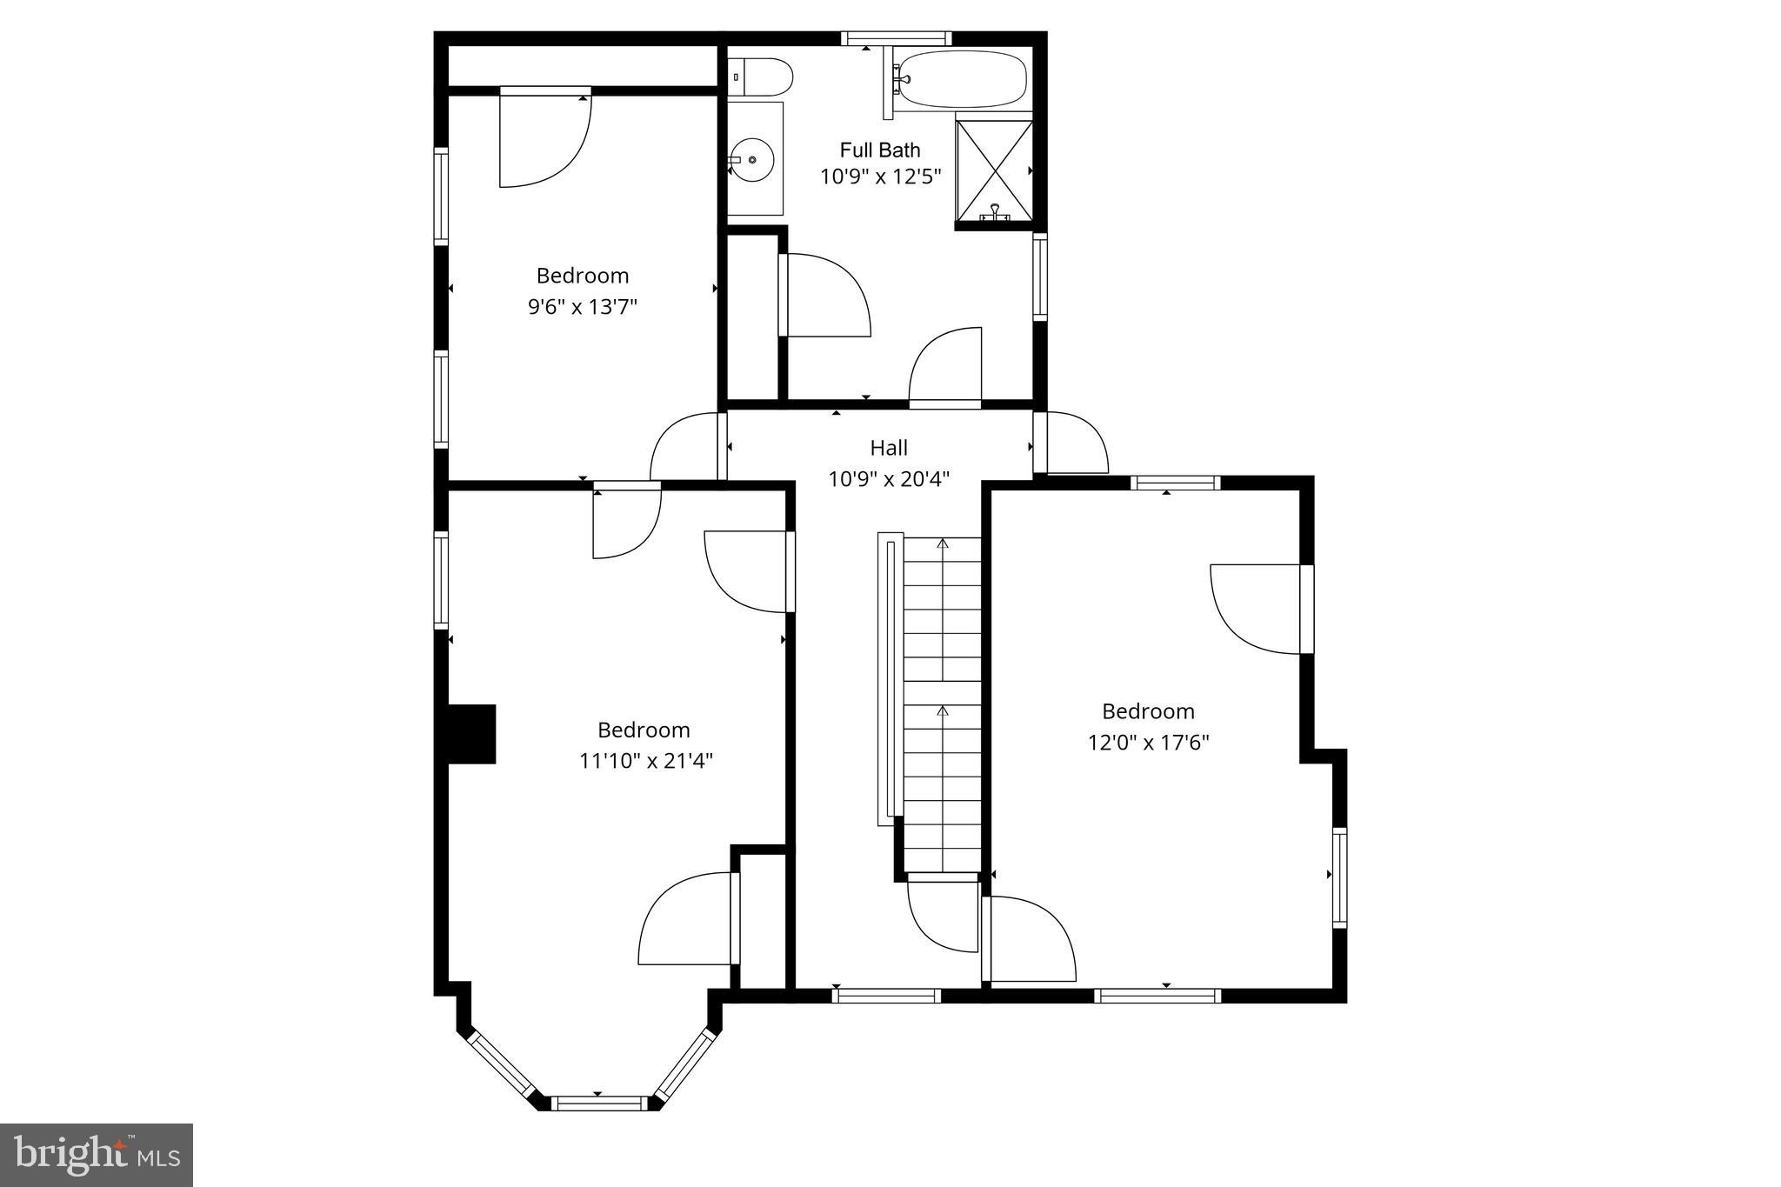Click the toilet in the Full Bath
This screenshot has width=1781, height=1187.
pos(761,77)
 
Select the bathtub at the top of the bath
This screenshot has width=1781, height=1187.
pos(962,79)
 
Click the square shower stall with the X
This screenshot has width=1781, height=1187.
pos(994,170)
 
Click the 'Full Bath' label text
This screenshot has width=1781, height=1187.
pos(879,150)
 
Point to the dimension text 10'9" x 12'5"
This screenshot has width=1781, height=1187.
pos(880,177)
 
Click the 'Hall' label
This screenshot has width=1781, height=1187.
pos(888,448)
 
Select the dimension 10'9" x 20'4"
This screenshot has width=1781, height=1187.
pos(888,479)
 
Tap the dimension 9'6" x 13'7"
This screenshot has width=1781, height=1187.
pos(582,307)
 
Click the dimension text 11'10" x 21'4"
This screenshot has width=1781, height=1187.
pos(645,761)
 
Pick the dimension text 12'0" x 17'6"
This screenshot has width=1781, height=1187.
pos(1148,743)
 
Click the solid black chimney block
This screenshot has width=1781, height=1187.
pos(470,734)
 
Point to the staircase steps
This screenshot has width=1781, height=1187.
pos(942,704)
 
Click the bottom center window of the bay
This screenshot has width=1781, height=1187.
pos(601,1103)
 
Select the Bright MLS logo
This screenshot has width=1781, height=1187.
pos(97,1155)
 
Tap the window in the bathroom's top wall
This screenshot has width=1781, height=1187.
pos(896,38)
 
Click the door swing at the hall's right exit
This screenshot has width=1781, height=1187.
pos(1075,443)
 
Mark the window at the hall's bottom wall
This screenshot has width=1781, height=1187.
pos(886,996)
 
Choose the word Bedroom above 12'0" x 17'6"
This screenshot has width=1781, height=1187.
pos(1148,711)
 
